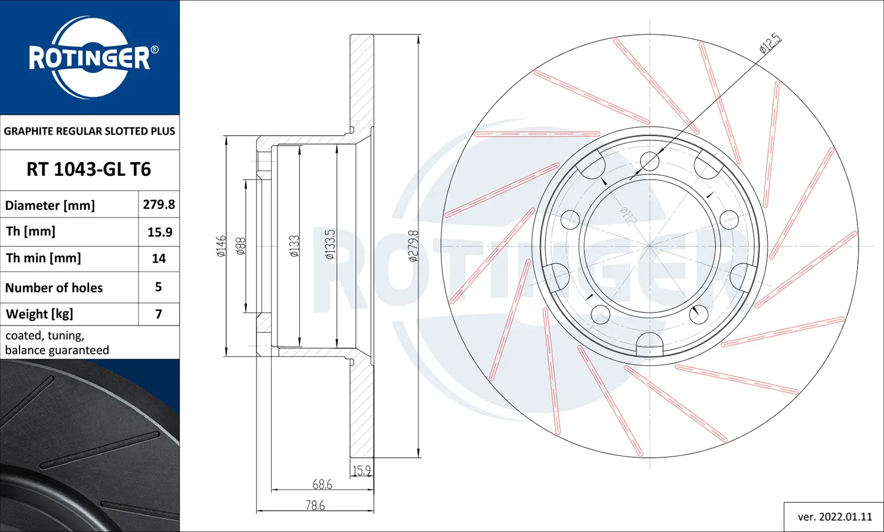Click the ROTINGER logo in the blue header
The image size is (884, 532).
click(x=90, y=57)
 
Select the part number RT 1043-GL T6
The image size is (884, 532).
click(x=89, y=170)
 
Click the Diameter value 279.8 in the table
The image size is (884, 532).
click(x=159, y=205)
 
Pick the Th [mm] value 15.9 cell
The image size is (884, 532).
click(x=160, y=232)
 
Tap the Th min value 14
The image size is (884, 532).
click(x=159, y=258)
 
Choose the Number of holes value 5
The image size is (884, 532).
click(x=159, y=287)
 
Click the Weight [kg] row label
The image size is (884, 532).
click(x=39, y=314)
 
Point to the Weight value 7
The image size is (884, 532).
click(x=159, y=314)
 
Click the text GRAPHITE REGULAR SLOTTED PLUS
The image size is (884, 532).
click(x=90, y=132)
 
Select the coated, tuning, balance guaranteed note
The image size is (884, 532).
click(x=57, y=343)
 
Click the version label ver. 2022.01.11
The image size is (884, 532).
click(x=834, y=517)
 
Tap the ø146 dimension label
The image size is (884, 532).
click(x=221, y=246)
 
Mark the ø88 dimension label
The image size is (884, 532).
click(x=240, y=246)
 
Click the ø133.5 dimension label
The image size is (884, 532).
click(x=329, y=244)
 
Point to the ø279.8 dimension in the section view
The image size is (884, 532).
click(x=413, y=246)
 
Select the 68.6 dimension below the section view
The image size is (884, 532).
click(x=322, y=484)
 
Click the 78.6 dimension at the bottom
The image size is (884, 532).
click(x=315, y=505)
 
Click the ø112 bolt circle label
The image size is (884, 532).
click(x=628, y=215)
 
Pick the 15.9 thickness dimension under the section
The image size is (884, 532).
click(x=362, y=471)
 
